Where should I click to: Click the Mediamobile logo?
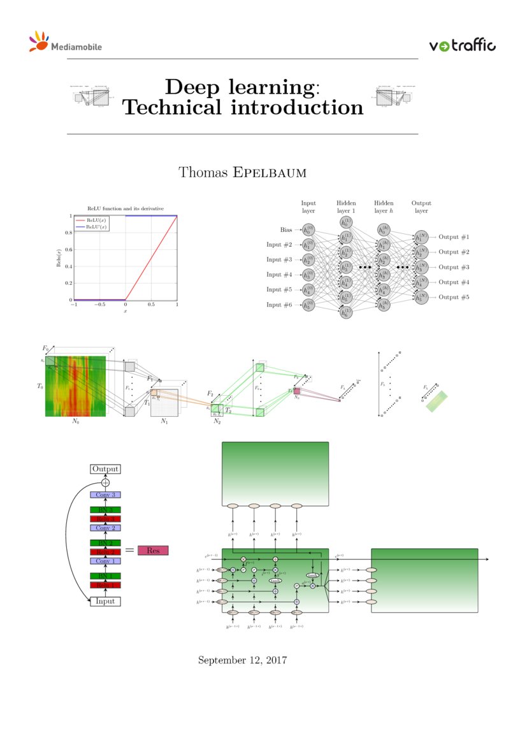coord(65,43)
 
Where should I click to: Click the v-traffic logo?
coord(462,45)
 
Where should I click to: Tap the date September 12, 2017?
coord(243,660)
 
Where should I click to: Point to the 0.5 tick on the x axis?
coord(151,305)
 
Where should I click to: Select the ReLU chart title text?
coord(126,208)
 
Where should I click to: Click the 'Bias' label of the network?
coord(286,230)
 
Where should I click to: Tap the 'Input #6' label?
coord(278,305)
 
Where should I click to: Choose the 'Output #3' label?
coord(454,267)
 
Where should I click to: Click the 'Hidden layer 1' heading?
coord(346,206)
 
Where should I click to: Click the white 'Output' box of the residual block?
coord(105,469)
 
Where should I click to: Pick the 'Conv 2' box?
coord(105,528)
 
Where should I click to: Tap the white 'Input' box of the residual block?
coord(105,601)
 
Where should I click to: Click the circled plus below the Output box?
coord(105,482)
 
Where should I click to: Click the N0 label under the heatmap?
coord(75,422)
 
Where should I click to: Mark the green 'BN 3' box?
coord(105,510)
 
